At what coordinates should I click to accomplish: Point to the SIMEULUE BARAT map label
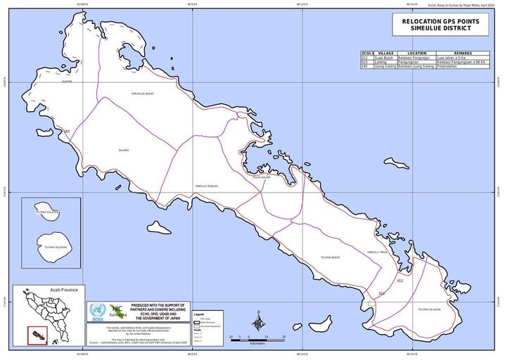142,93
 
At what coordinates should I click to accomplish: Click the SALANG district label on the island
124,150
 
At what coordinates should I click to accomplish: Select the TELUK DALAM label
262,178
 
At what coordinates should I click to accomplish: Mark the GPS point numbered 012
399,281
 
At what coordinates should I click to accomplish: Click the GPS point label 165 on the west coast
66,131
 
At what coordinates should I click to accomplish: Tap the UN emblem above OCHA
97,309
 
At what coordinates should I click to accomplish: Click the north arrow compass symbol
259,322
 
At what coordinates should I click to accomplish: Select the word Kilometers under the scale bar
256,343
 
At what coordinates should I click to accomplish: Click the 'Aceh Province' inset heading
48,290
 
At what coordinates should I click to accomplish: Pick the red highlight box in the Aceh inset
32,335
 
